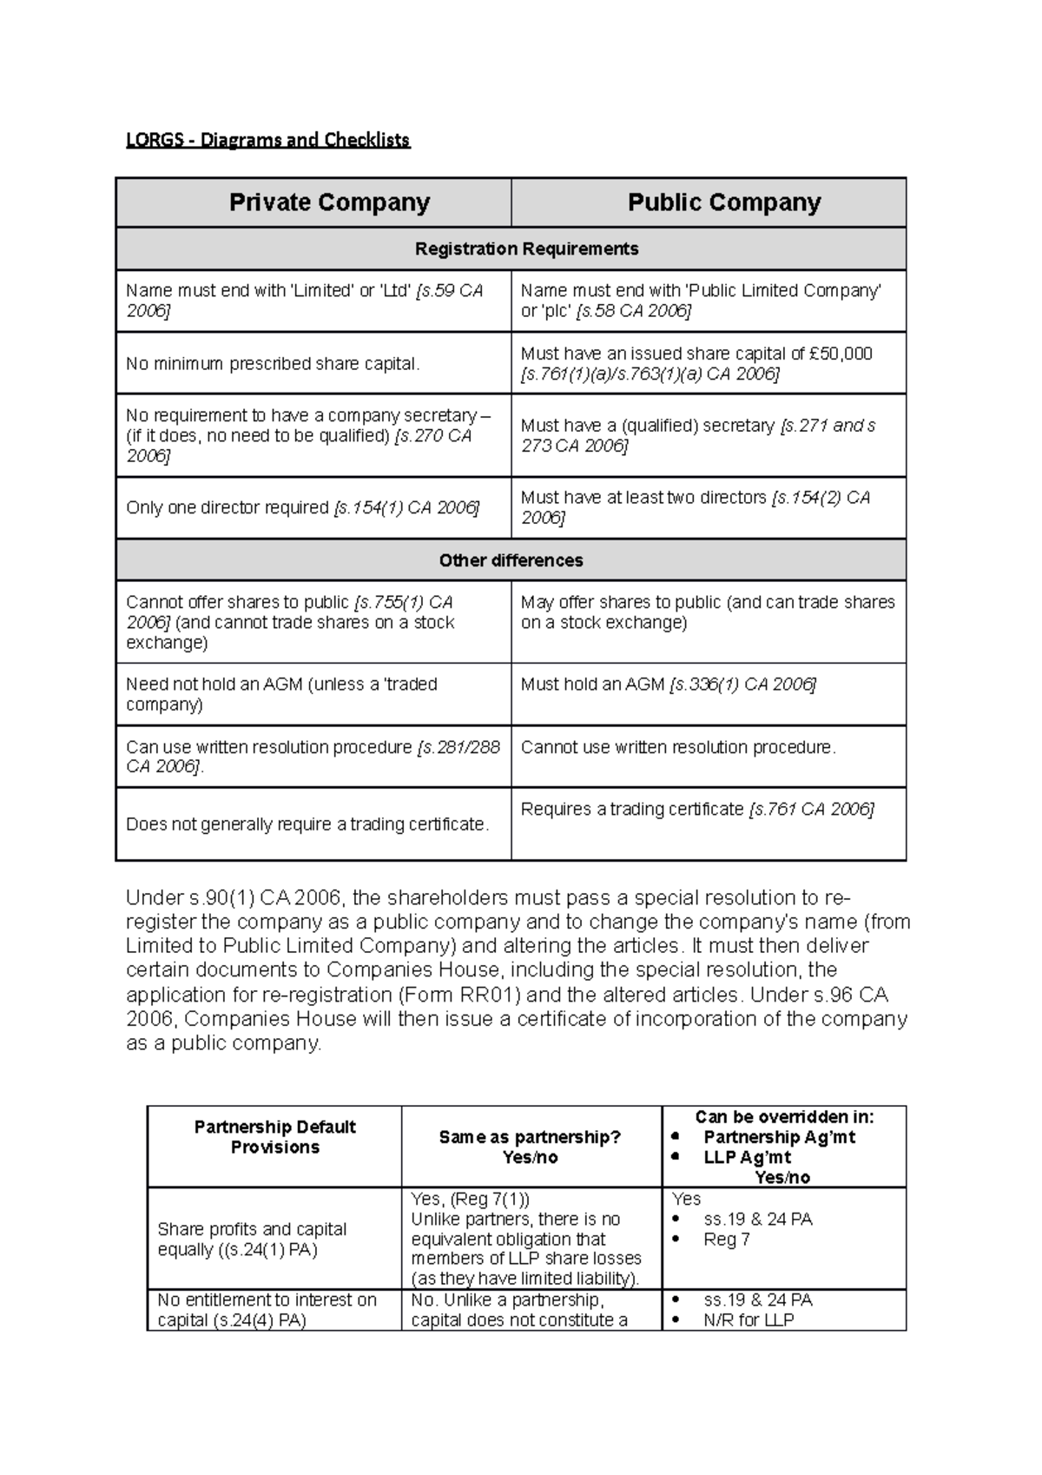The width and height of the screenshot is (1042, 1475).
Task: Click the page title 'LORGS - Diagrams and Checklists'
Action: [x=267, y=140]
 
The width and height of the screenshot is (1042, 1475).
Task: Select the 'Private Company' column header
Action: [x=329, y=202]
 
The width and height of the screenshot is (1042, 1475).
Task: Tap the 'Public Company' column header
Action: [x=723, y=202]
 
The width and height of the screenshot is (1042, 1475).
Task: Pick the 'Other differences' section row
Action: [x=511, y=560]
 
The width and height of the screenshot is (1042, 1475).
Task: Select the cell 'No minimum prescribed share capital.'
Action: [x=273, y=364]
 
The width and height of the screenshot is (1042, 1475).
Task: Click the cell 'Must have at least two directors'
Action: [x=643, y=498]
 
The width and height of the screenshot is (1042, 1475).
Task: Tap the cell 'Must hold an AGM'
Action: [x=593, y=685]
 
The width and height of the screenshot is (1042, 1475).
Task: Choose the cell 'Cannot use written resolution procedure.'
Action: [x=677, y=747]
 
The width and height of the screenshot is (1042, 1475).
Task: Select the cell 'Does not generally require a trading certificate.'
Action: [x=307, y=824]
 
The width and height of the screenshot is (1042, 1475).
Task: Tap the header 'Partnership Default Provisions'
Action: [x=274, y=1137]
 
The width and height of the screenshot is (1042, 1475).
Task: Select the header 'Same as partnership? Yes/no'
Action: [x=530, y=1148]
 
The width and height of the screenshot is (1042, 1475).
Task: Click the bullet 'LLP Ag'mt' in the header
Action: [x=747, y=1157]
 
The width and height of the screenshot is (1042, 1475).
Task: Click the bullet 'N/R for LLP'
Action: [x=748, y=1320]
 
